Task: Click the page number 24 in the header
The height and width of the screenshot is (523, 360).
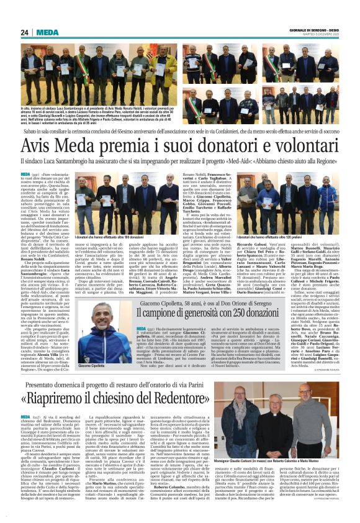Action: click(x=25, y=32)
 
